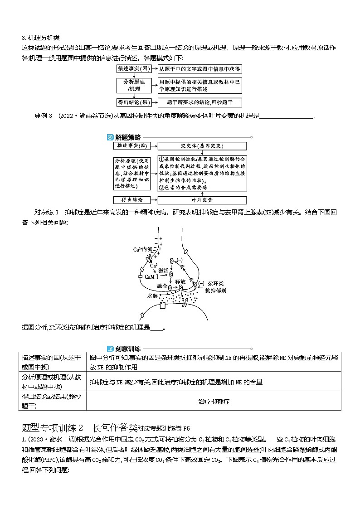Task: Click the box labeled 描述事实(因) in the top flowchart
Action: point(134,68)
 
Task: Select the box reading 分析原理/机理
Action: point(134,85)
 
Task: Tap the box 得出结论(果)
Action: point(134,102)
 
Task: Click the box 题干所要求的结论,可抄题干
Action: point(199,102)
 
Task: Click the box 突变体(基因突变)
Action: point(202,146)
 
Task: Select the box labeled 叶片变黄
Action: point(202,200)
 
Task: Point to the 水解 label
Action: point(151,296)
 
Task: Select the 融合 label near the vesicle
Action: point(162,286)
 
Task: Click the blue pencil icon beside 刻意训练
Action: point(110,349)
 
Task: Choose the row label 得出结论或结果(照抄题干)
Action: point(52,402)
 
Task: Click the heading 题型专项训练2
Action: point(53,427)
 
